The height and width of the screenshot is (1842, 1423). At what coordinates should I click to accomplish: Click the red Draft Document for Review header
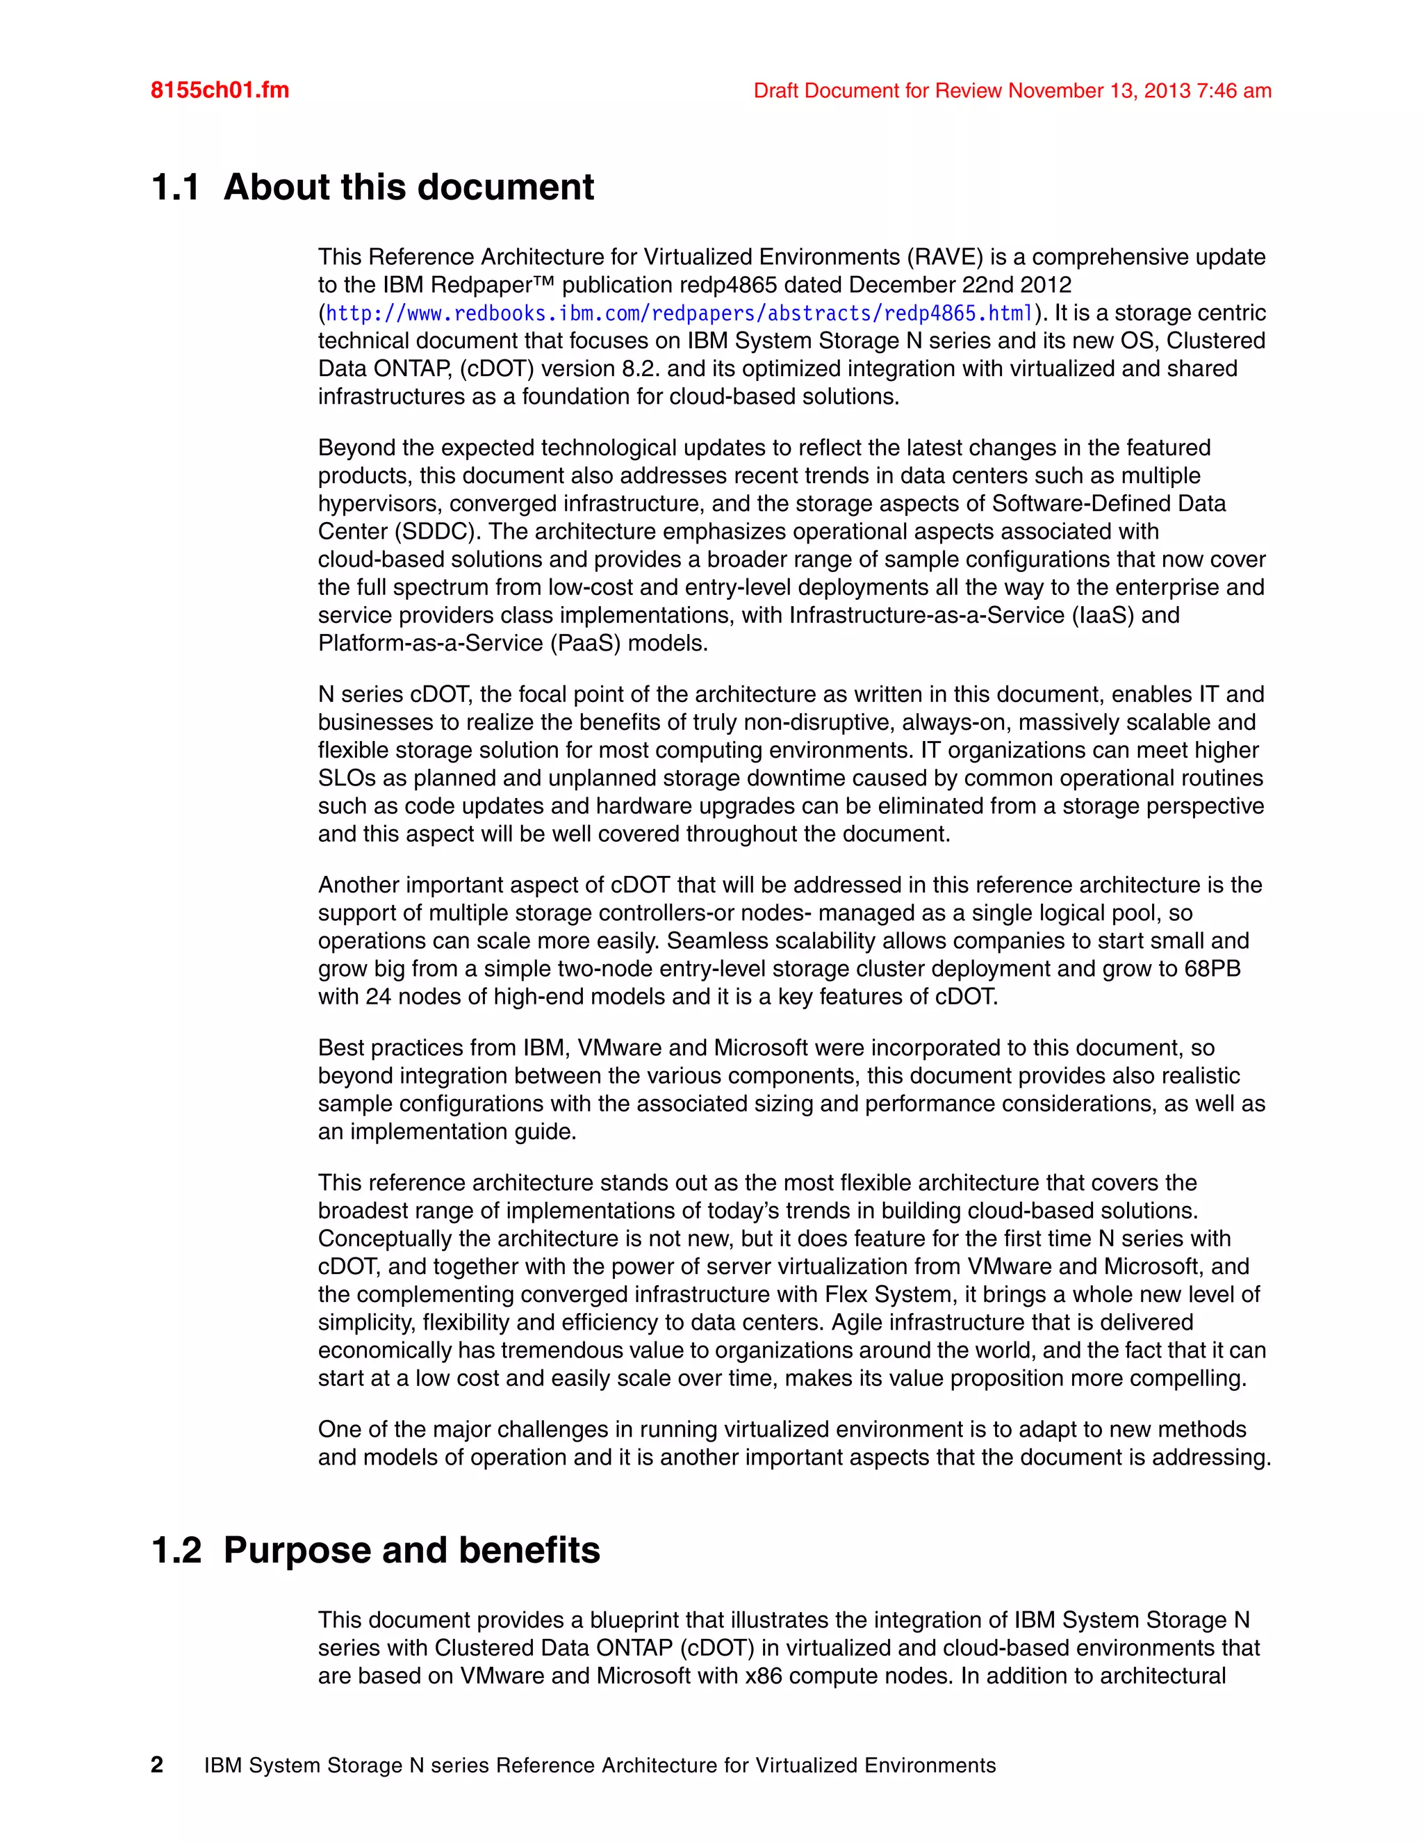click(x=1012, y=90)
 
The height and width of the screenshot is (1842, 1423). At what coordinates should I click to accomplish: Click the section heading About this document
click(x=408, y=187)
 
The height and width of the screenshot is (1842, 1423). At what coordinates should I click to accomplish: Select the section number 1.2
click(x=176, y=1550)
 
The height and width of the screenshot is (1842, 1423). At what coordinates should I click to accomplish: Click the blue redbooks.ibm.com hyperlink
click(x=680, y=313)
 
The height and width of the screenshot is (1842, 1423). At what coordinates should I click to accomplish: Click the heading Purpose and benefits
click(x=411, y=1550)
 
